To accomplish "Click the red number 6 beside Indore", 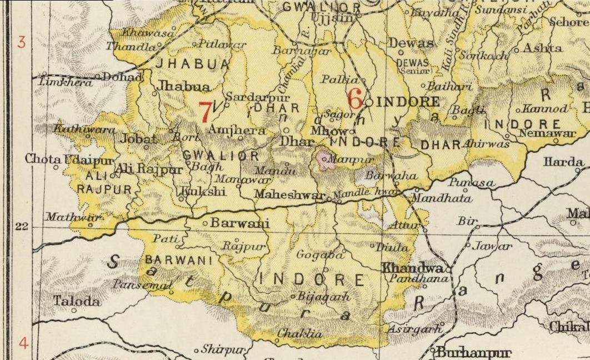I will [x=355, y=98].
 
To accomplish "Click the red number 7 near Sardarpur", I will [x=205, y=112].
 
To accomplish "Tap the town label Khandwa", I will [x=414, y=267].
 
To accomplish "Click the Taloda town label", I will [x=77, y=302].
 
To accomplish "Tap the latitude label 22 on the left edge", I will [x=22, y=227].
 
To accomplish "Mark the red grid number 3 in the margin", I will [x=22, y=42].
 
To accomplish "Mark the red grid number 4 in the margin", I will [x=23, y=343].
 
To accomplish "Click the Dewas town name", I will [x=411, y=43].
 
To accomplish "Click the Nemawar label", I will [x=539, y=133].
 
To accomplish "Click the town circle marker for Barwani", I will [x=205, y=223].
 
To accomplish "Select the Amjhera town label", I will [x=228, y=129].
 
